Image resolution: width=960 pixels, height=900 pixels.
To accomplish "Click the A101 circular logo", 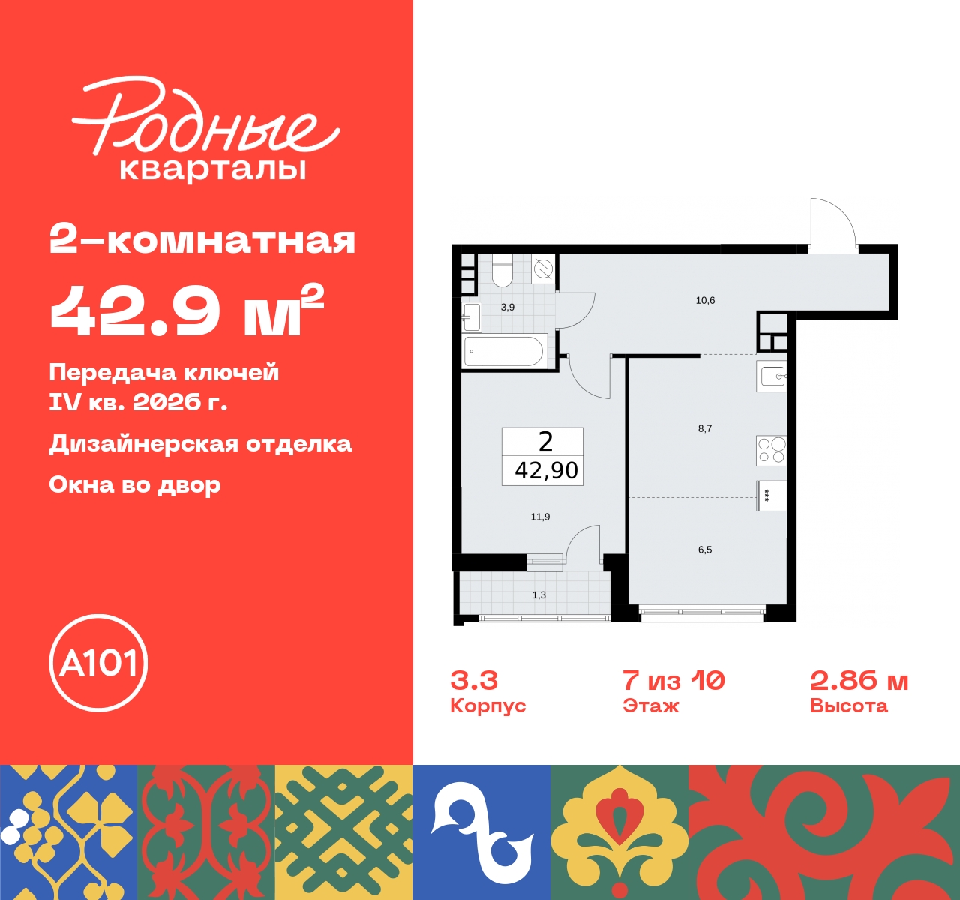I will tap(98, 663).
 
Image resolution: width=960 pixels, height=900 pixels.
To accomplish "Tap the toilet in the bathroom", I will tap(502, 271).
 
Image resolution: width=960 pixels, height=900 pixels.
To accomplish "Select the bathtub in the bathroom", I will tap(503, 351).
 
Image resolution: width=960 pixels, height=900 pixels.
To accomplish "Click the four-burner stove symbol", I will tap(771, 450).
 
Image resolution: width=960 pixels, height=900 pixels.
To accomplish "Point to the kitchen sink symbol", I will tap(772, 375).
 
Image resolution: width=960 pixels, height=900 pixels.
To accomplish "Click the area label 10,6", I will tap(705, 301).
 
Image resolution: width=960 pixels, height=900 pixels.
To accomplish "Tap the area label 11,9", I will tap(540, 517).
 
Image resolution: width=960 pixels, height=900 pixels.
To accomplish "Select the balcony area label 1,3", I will tap(539, 595).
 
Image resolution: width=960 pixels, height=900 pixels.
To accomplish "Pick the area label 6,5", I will tap(705, 550).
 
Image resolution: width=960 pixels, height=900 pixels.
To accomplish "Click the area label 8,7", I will tap(705, 429).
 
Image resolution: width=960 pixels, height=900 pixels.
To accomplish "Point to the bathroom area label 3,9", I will tap(508, 307).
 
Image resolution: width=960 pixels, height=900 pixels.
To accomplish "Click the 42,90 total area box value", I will tap(546, 470).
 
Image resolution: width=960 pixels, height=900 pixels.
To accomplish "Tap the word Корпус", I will tap(487, 706).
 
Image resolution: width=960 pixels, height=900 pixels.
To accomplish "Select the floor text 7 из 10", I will tap(673, 680).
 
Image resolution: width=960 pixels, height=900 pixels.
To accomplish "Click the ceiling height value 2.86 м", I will tap(859, 680).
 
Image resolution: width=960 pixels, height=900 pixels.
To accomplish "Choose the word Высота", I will tap(848, 706).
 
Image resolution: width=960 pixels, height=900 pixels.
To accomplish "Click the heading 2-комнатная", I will tap(202, 241).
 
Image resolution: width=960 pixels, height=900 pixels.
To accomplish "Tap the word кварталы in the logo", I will tap(213, 169).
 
